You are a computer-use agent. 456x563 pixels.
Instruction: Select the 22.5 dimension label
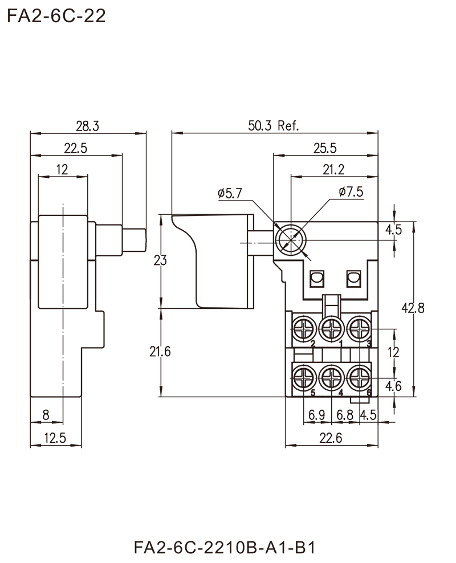click(x=76, y=148)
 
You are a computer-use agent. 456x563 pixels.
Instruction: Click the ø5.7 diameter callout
click(x=229, y=194)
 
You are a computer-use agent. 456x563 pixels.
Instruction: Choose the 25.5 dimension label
click(x=325, y=147)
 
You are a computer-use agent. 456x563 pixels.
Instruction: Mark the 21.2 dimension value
click(x=335, y=168)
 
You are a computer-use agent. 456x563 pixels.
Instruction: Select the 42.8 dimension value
click(x=413, y=309)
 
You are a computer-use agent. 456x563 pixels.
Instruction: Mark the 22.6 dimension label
click(x=331, y=438)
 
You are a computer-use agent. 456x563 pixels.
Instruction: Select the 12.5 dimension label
click(x=58, y=437)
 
